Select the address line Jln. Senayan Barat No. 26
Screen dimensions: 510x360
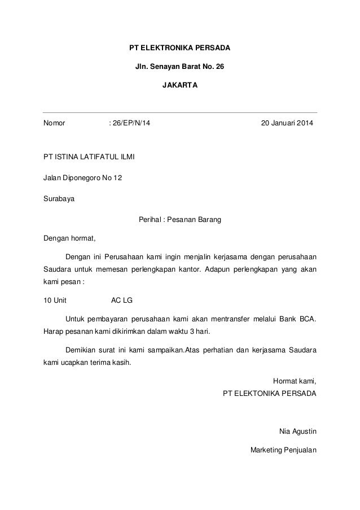click(x=179, y=67)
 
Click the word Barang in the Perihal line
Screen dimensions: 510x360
click(x=209, y=220)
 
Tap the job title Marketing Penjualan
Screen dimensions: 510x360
click(x=283, y=450)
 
